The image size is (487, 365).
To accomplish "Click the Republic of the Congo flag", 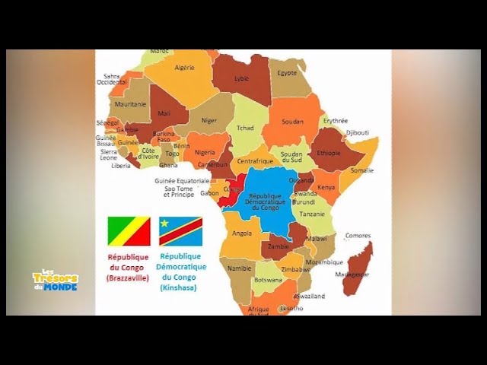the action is [x=129, y=231].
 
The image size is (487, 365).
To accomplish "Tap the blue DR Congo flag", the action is [x=180, y=231].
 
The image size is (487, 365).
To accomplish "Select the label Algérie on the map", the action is [x=185, y=68].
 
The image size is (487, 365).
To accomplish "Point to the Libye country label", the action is [x=241, y=78].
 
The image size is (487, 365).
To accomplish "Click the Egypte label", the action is [x=287, y=73].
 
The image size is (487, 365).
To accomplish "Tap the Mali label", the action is [x=164, y=113].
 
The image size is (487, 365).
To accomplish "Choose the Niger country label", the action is [x=208, y=120].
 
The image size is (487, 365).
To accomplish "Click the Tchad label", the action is [x=245, y=128].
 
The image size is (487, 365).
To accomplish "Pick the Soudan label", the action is [x=292, y=121].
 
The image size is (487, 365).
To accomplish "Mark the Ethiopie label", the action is [x=329, y=152].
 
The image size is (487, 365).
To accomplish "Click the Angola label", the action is [x=242, y=233].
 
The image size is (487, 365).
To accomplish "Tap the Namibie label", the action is [x=239, y=268].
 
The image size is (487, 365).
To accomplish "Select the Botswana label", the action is [x=268, y=280].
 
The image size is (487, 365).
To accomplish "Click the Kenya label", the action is [x=326, y=186].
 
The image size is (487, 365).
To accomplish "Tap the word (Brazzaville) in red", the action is [x=129, y=278].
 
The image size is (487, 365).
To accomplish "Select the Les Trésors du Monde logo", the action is [x=56, y=280].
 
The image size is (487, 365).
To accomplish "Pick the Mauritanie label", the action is [x=130, y=104].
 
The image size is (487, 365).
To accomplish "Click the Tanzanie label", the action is [x=311, y=214].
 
